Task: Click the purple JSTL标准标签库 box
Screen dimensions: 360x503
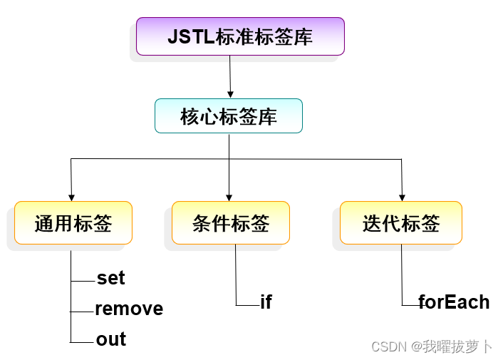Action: pos(240,36)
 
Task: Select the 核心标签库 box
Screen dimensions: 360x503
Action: pos(228,116)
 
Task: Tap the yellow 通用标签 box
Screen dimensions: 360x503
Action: pos(73,223)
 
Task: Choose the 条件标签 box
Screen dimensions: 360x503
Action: pos(230,223)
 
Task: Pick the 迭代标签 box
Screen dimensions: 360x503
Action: pos(400,223)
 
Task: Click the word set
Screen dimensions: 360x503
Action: pos(110,277)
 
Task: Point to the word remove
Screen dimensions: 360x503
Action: pos(129,309)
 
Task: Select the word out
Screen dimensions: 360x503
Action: pos(111,339)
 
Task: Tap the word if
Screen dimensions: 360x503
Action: pos(266,302)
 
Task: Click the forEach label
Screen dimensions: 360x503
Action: pos(454,302)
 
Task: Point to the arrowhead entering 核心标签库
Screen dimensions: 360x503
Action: pos(230,94)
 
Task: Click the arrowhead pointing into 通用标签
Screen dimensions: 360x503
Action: pos(71,197)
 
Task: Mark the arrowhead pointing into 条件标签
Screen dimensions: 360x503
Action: pos(229,197)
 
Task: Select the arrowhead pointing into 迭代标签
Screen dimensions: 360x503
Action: pos(402,197)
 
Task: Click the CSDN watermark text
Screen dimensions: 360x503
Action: pos(431,347)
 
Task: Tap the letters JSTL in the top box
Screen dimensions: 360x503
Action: pos(190,36)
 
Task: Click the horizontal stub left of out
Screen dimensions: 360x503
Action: pos(82,342)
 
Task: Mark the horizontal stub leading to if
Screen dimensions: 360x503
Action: pos(247,305)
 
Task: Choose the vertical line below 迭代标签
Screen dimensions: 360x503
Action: pos(401,274)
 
